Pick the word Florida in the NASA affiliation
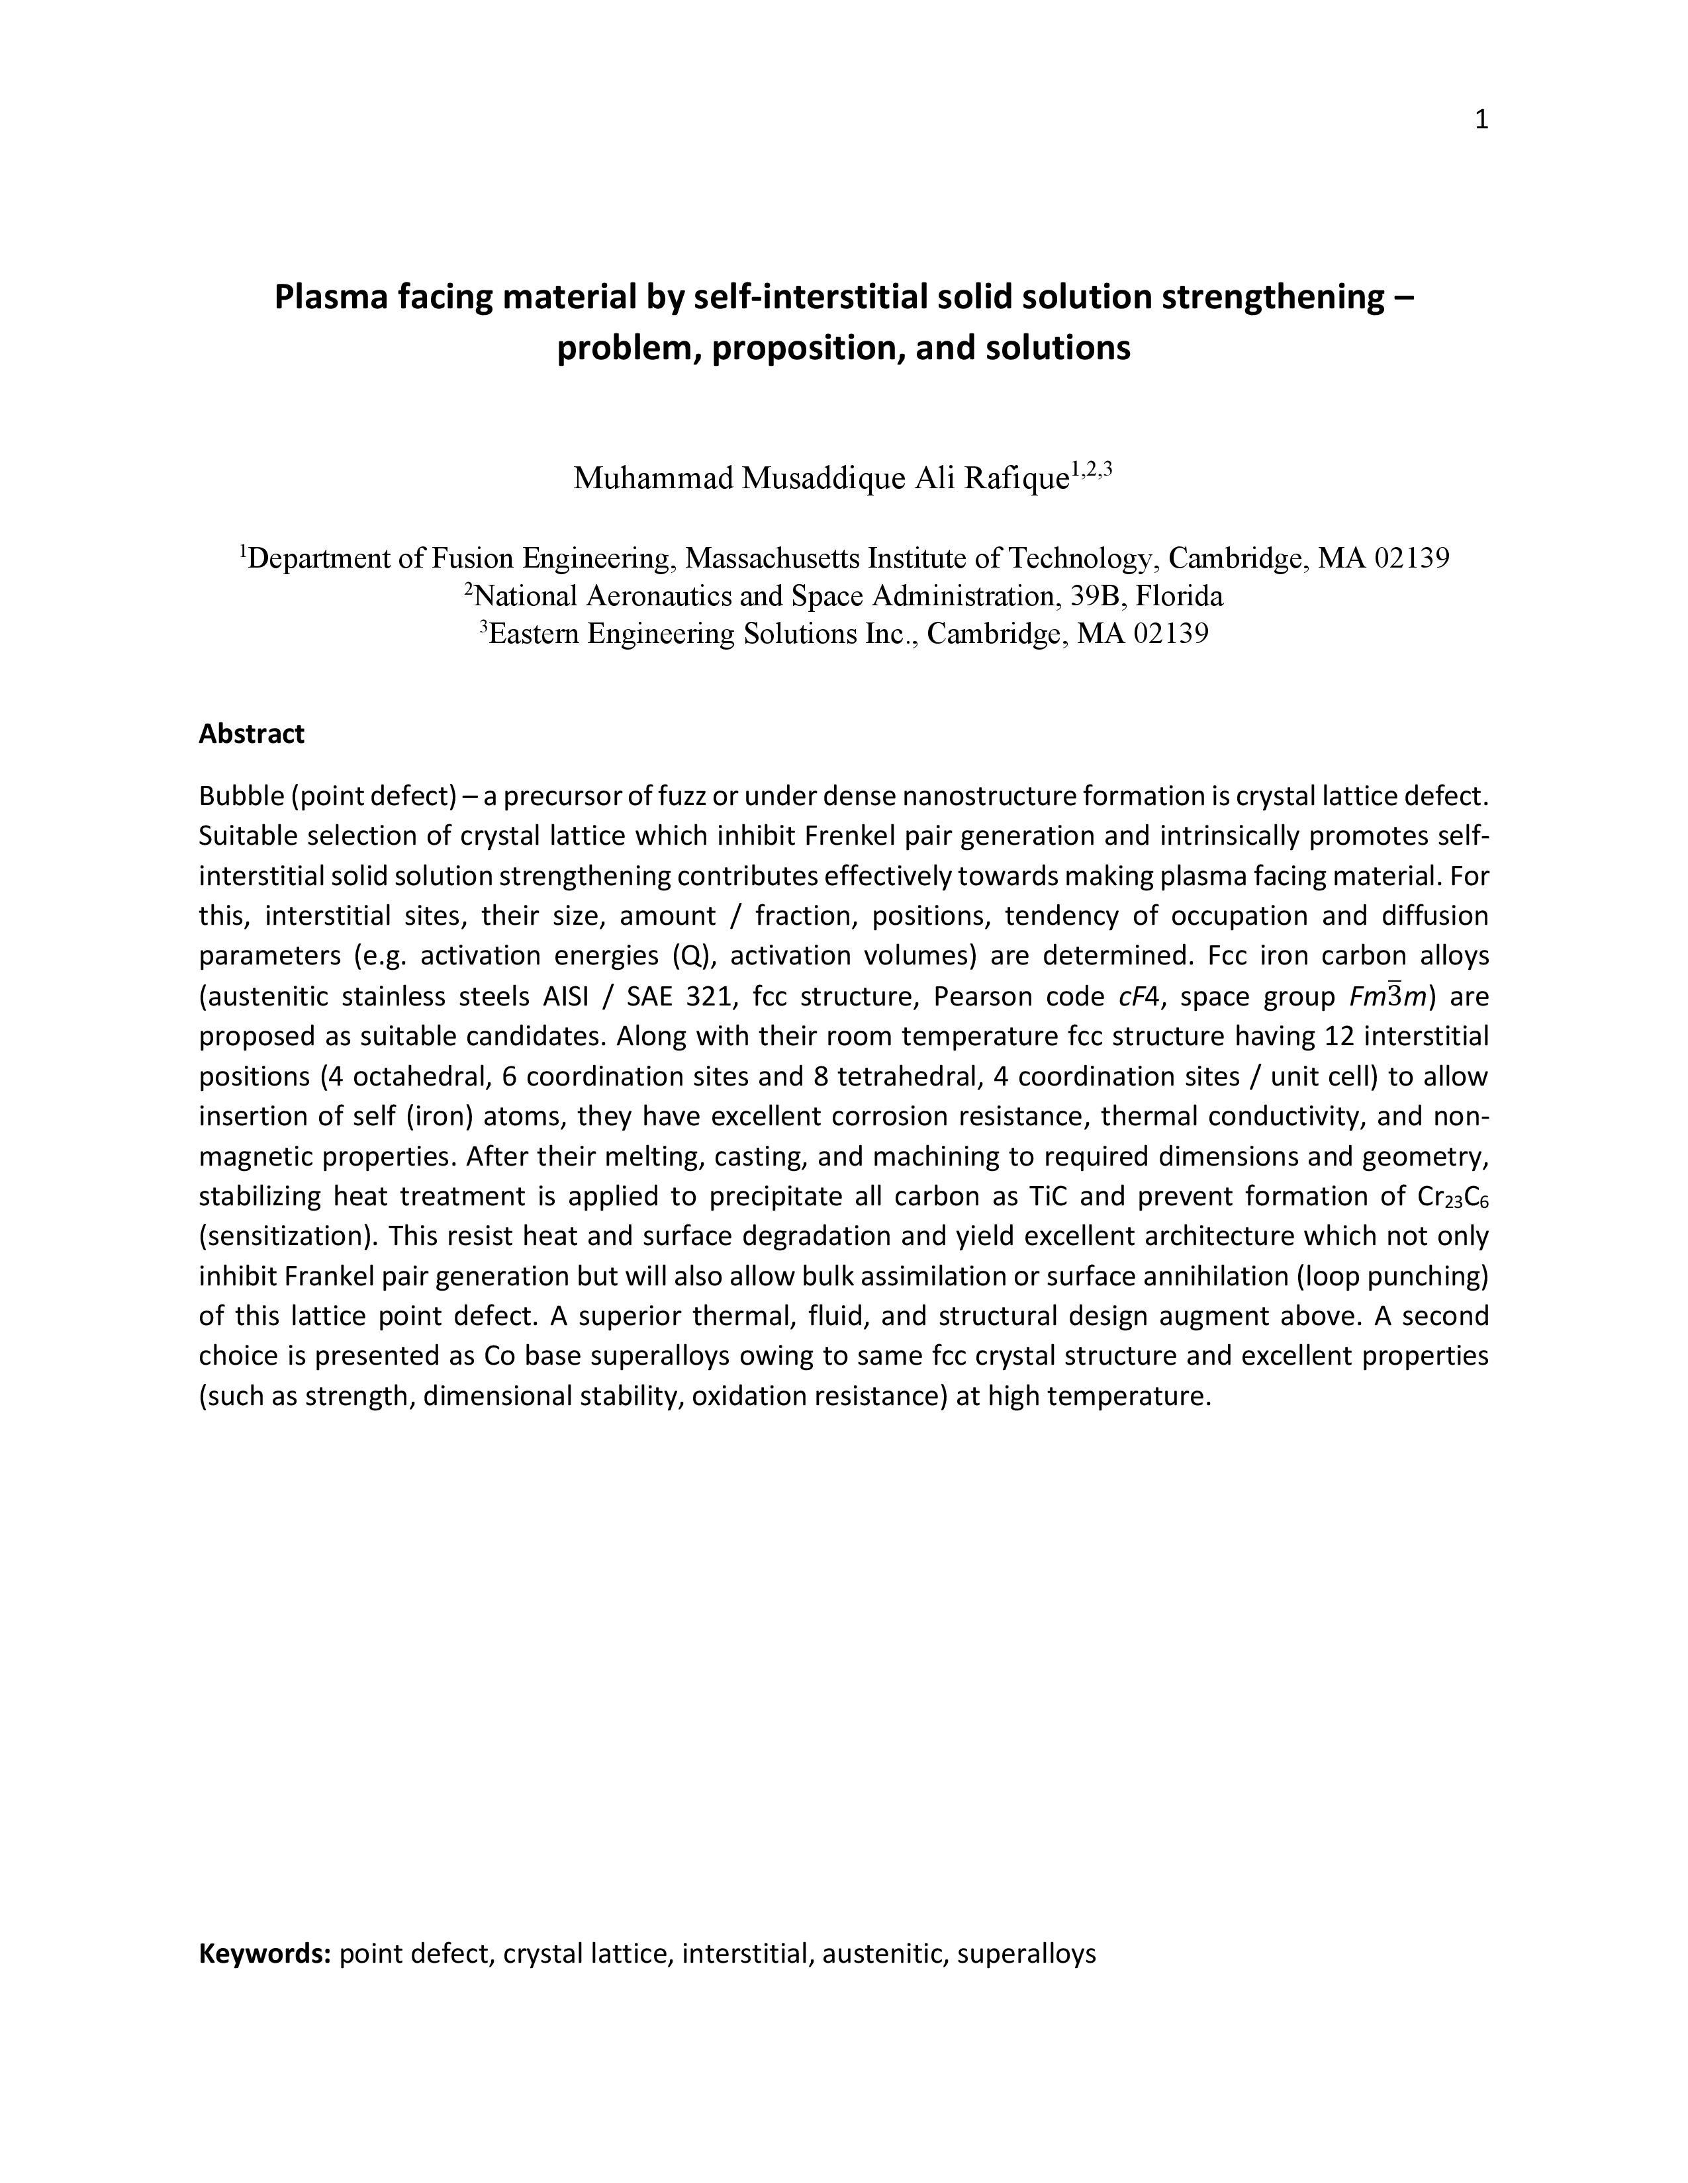pos(1179,596)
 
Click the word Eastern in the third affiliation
pos(534,634)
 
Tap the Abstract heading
pos(251,734)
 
